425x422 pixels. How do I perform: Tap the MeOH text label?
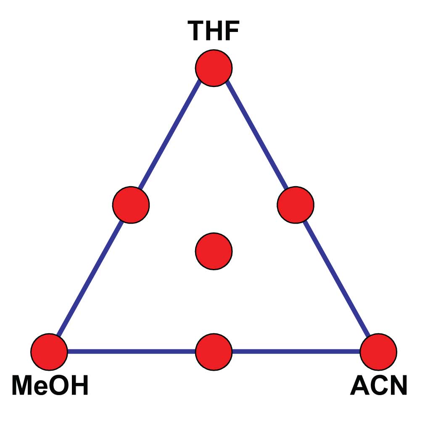coord(50,385)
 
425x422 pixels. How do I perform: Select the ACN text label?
coord(378,385)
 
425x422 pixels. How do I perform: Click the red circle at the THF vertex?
coord(214,68)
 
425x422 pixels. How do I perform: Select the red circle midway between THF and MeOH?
coord(131,205)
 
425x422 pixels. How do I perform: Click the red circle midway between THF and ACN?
coord(296,205)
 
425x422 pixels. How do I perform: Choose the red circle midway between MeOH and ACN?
coord(214,351)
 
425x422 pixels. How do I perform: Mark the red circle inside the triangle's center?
coord(214,251)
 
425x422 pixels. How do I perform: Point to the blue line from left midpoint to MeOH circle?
coord(90,278)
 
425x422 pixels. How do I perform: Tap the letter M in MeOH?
coord(22,385)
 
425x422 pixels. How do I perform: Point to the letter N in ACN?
coord(397,385)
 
